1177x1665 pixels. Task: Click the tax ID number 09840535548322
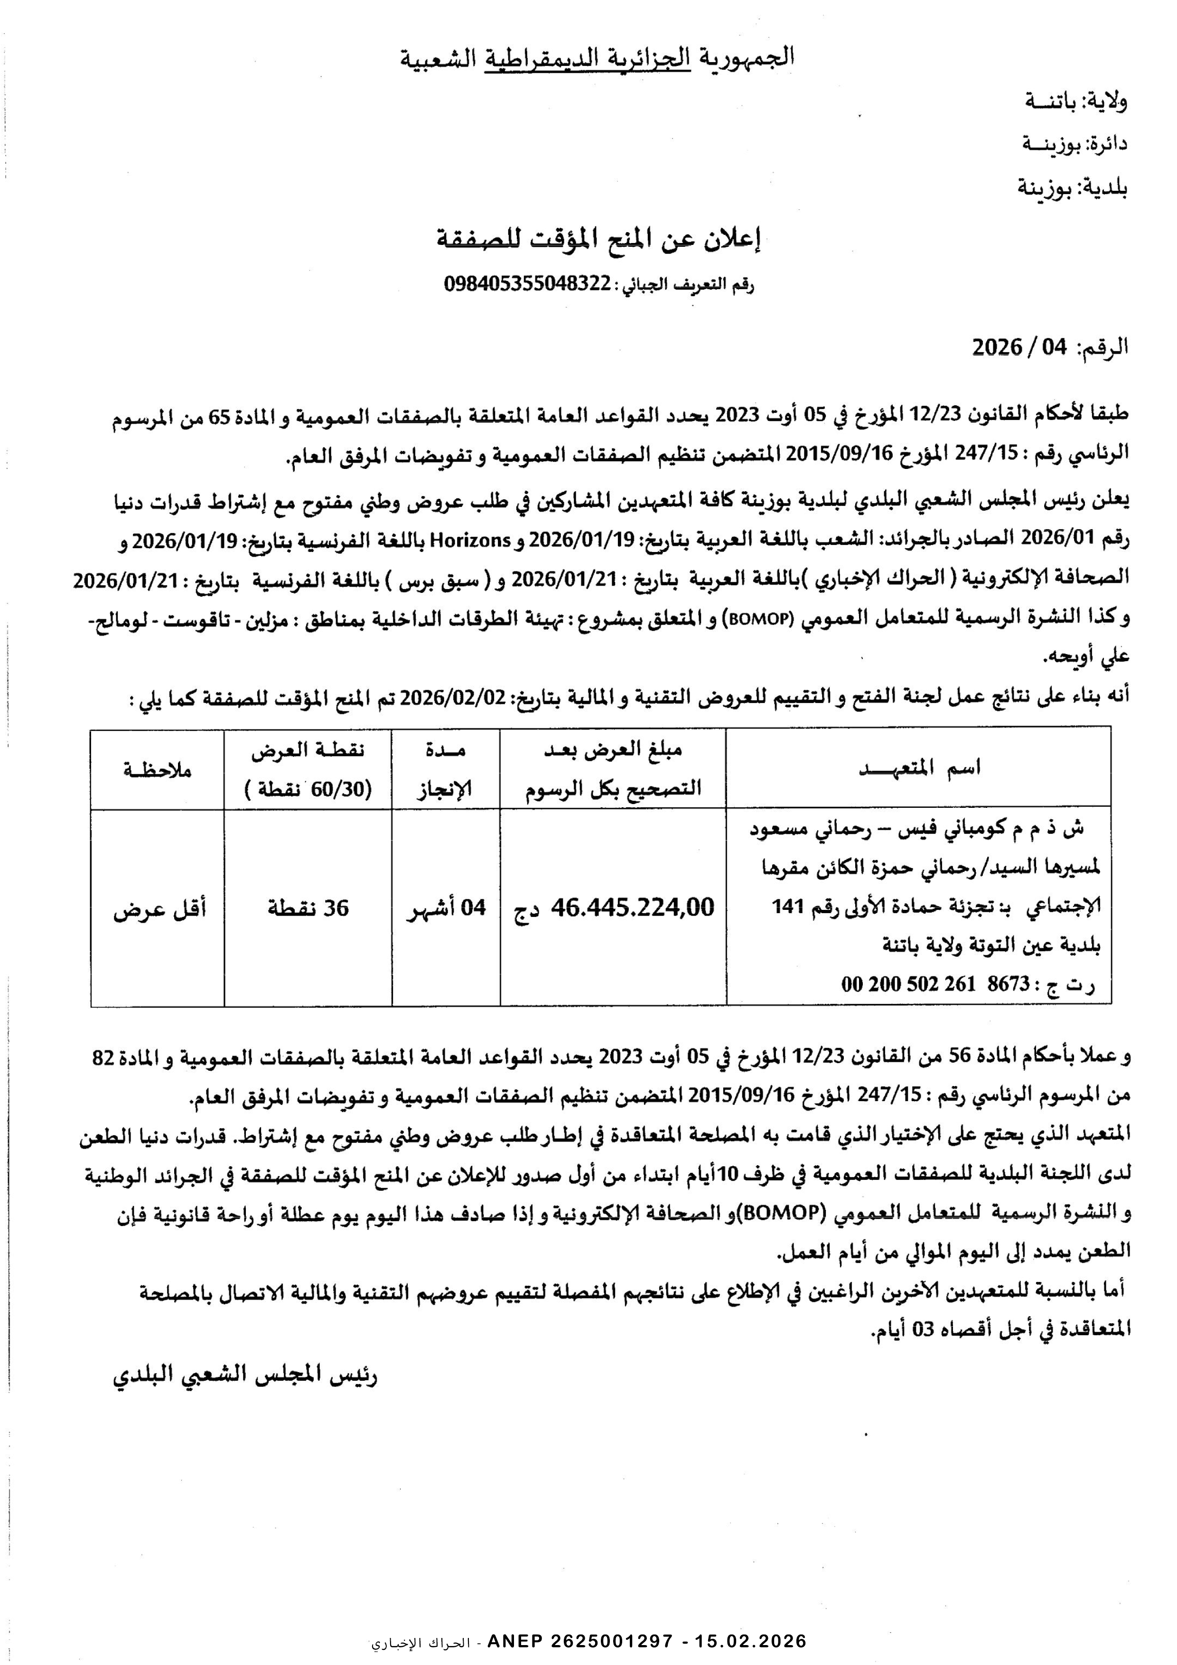(x=528, y=284)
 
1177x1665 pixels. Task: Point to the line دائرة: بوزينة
(x=1075, y=144)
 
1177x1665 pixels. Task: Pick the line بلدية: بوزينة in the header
(x=1073, y=188)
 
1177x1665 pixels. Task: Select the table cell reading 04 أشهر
(x=446, y=907)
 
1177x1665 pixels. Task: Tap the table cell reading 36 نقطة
(x=308, y=907)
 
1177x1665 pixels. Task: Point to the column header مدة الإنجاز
(x=445, y=769)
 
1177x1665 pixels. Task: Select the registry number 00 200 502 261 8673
(x=935, y=984)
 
